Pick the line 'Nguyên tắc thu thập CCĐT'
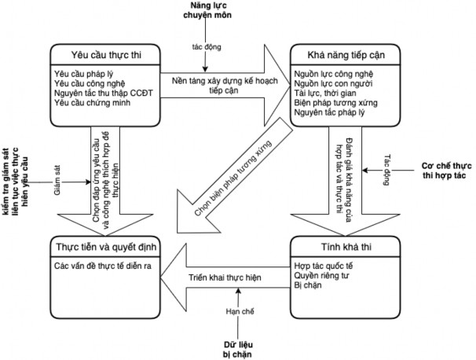pos(101,92)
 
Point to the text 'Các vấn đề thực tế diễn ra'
pos(101,266)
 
